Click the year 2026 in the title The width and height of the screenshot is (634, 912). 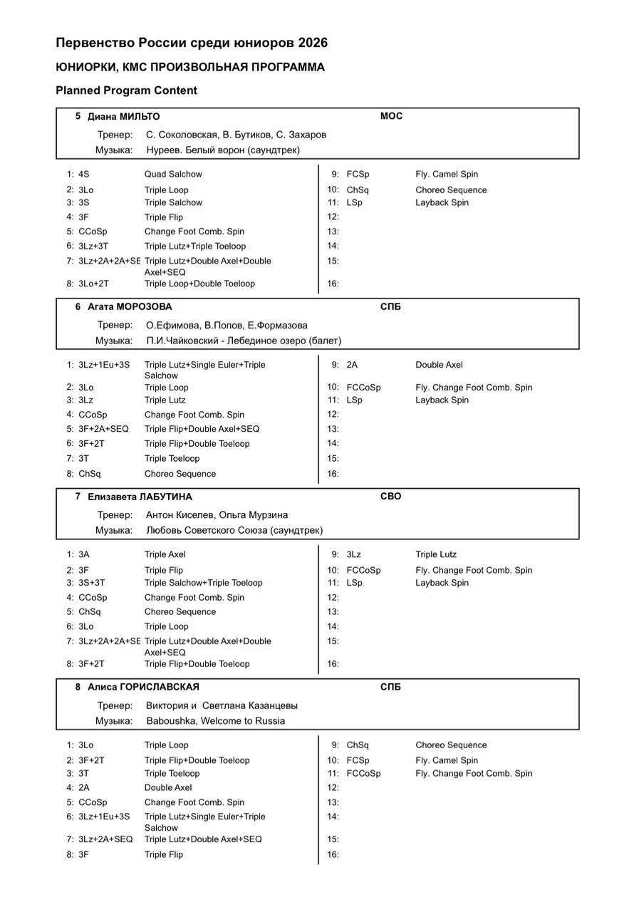click(x=313, y=43)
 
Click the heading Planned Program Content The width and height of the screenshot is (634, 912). click(x=126, y=90)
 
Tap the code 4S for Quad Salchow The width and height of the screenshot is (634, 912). click(x=84, y=174)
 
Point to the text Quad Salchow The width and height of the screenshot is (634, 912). click(x=173, y=174)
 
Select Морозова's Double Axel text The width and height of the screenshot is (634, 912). click(x=439, y=365)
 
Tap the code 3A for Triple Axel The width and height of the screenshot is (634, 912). click(x=84, y=554)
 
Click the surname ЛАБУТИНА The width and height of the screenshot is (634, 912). click(x=166, y=497)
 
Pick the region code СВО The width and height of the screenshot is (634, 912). click(x=390, y=497)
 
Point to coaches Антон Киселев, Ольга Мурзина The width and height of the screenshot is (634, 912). click(x=217, y=514)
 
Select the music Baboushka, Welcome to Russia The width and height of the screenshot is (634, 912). click(x=216, y=720)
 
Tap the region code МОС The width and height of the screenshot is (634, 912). click(x=391, y=116)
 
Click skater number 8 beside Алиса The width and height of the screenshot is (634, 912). click(x=78, y=687)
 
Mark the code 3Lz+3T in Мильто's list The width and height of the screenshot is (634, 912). click(x=93, y=246)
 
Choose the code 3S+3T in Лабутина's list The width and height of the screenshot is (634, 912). click(x=91, y=582)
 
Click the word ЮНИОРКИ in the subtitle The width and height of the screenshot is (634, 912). click(x=84, y=67)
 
